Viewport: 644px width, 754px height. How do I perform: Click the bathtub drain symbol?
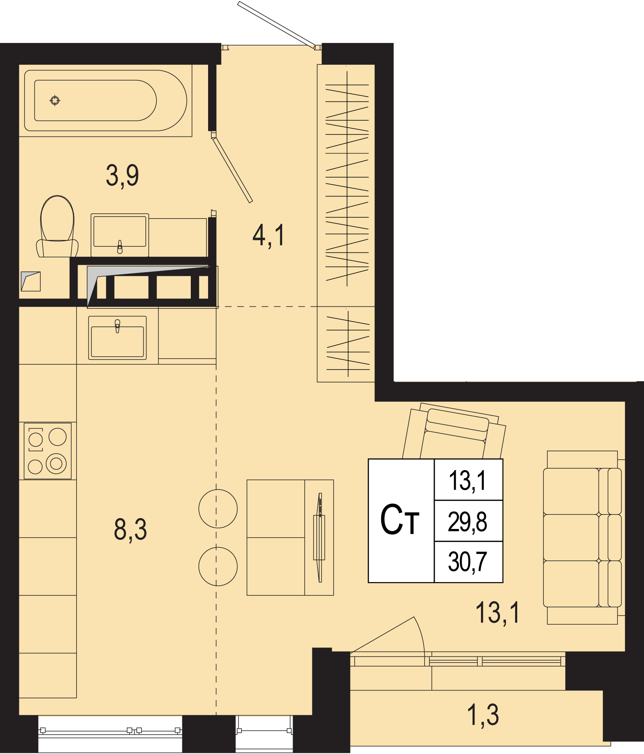(55, 100)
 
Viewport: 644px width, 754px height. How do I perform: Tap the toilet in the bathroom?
(57, 227)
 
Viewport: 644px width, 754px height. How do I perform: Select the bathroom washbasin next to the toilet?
(120, 235)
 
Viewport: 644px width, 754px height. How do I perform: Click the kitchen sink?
(117, 338)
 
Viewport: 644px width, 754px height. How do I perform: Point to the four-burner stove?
(47, 451)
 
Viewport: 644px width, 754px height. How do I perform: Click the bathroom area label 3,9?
(122, 176)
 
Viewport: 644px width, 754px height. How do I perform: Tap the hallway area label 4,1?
(268, 235)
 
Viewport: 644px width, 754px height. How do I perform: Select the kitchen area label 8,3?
(130, 530)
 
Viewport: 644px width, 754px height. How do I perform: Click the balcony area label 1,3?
(483, 715)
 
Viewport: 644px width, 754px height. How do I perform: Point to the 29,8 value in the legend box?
(468, 522)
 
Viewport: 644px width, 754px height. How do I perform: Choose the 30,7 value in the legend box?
(468, 562)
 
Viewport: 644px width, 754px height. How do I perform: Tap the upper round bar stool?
(218, 508)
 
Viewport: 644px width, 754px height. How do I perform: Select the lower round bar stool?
(218, 566)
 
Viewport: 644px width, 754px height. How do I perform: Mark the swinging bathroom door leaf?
(232, 169)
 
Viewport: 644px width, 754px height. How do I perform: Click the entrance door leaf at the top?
(277, 25)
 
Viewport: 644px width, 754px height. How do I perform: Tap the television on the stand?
(320, 537)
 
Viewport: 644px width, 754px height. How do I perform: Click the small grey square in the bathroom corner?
(31, 281)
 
